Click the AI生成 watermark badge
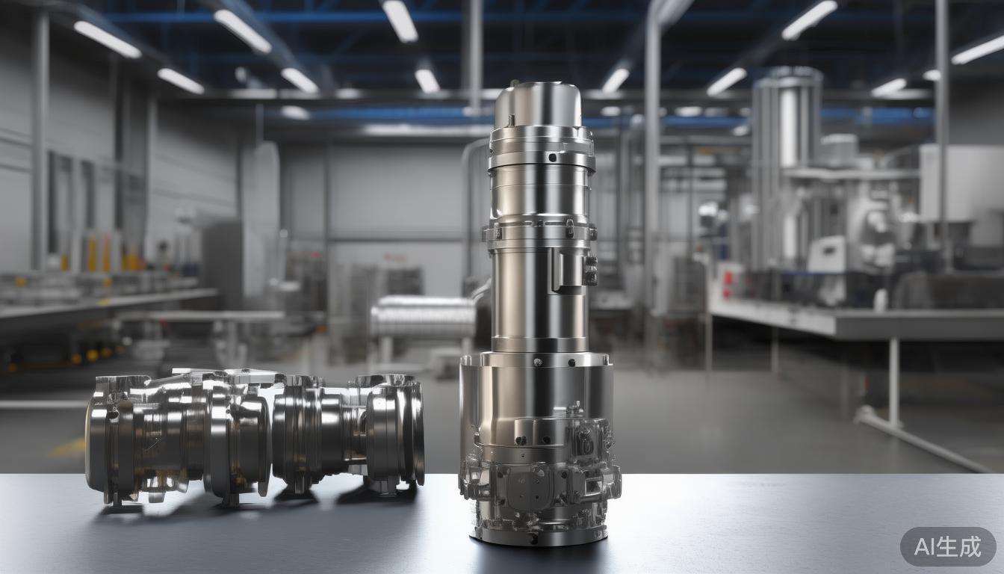pos(948,546)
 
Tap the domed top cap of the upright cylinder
pos(539,104)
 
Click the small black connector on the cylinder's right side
pos(591,270)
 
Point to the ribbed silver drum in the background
pos(423,317)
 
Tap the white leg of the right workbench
pos(894,382)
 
